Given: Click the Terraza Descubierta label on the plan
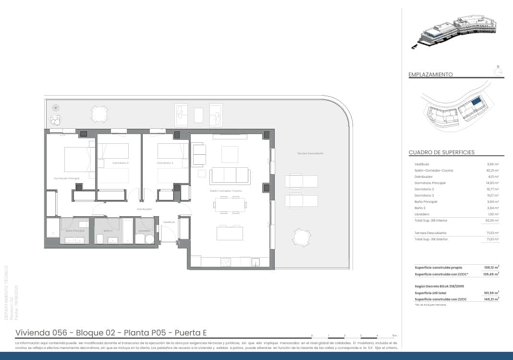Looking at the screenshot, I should pyautogui.click(x=310, y=153).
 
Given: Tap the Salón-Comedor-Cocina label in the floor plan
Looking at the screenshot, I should pyautogui.click(x=225, y=191).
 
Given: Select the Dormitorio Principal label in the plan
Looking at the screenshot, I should pyautogui.click(x=66, y=178).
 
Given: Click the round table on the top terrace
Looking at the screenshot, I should pyautogui.click(x=99, y=114).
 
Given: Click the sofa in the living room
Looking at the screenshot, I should pyautogui.click(x=229, y=175).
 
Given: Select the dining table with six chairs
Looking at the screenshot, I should pyautogui.click(x=230, y=205).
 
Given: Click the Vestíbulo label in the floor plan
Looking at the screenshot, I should pyautogui.click(x=169, y=222).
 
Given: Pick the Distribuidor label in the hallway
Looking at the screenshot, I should pyautogui.click(x=144, y=209).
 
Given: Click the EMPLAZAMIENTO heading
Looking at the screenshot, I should pyautogui.click(x=430, y=74).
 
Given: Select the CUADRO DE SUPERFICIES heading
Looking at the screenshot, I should pyautogui.click(x=441, y=152).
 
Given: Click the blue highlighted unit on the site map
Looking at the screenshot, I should pyautogui.click(x=476, y=101).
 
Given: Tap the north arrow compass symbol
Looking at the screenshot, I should pyautogui.click(x=498, y=71).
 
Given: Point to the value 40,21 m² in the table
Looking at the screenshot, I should pyautogui.click(x=492, y=171).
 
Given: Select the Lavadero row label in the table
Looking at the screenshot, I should pyautogui.click(x=422, y=214).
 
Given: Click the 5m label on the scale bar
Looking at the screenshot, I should pyautogui.click(x=394, y=335).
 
